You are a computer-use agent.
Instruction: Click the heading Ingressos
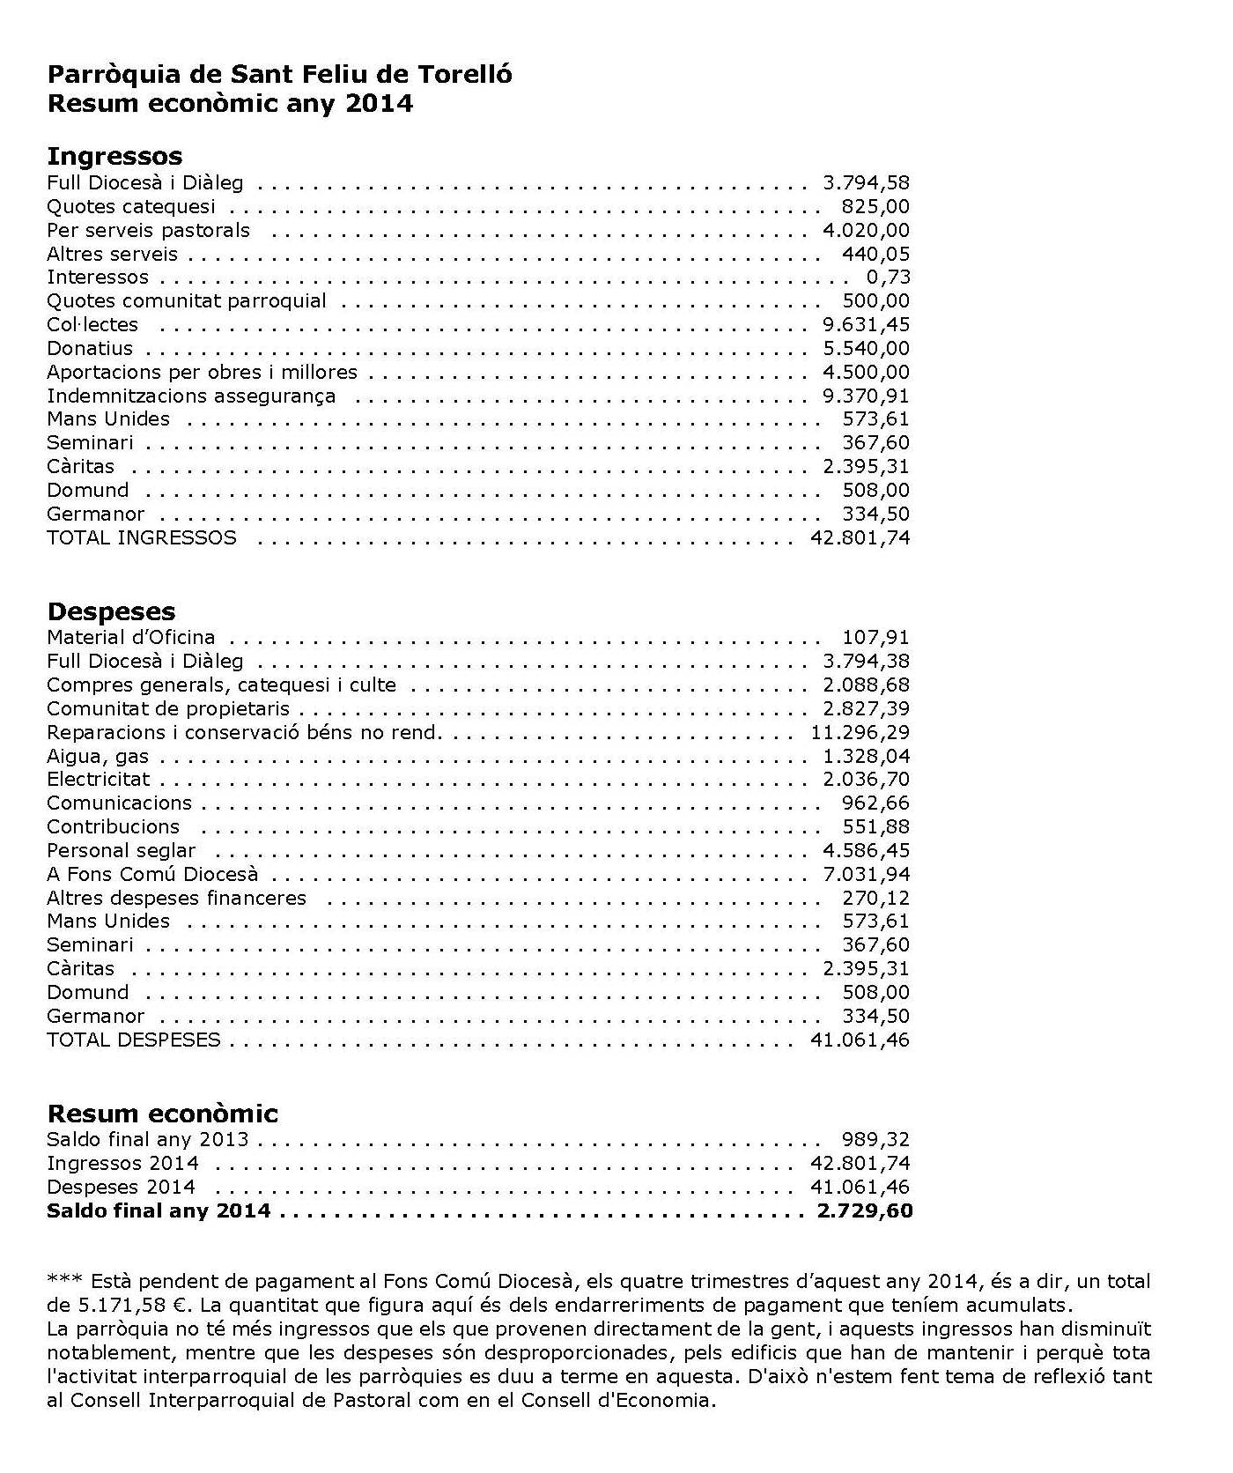114,156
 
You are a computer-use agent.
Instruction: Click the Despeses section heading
111,611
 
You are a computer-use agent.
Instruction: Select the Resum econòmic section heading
162,1114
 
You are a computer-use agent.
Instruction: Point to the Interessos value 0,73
888,278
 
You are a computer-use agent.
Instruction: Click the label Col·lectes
92,325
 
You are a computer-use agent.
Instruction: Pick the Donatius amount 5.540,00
866,349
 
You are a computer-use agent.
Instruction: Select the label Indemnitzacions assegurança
191,396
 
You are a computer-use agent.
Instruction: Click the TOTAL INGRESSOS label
142,538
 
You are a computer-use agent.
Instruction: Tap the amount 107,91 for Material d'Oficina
875,638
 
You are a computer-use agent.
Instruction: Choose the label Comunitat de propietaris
168,709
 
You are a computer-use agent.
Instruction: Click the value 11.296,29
860,733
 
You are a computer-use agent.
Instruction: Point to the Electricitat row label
98,780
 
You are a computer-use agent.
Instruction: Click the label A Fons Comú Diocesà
152,875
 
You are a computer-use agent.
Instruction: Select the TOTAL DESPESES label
134,1040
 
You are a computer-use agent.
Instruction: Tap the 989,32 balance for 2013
875,1140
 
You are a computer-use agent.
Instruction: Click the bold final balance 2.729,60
865,1211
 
